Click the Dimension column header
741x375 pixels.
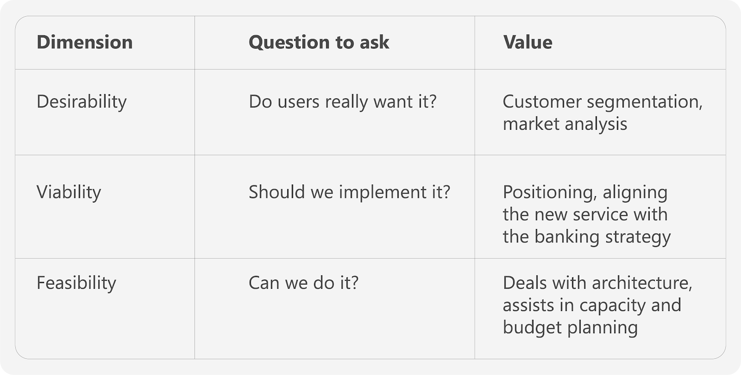[x=85, y=42]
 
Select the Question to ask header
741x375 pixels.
[x=319, y=43]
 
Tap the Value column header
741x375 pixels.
[x=527, y=42]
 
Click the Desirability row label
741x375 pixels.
[x=82, y=102]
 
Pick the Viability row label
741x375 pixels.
[x=69, y=192]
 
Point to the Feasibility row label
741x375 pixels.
[x=76, y=283]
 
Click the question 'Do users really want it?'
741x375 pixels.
[x=343, y=101]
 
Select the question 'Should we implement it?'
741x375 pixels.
[x=350, y=192]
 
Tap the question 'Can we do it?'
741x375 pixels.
[x=304, y=283]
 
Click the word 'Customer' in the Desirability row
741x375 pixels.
[x=542, y=101]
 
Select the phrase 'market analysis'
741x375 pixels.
[x=565, y=124]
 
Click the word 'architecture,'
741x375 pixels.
[x=642, y=283]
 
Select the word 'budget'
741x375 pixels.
[x=533, y=328]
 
